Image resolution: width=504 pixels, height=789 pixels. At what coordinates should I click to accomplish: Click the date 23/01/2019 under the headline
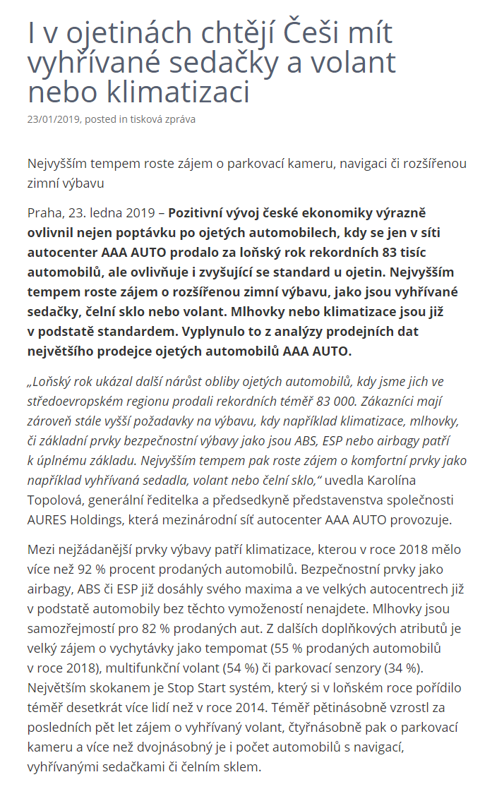[x=53, y=119]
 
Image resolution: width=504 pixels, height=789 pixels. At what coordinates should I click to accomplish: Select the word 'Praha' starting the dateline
[x=44, y=212]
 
